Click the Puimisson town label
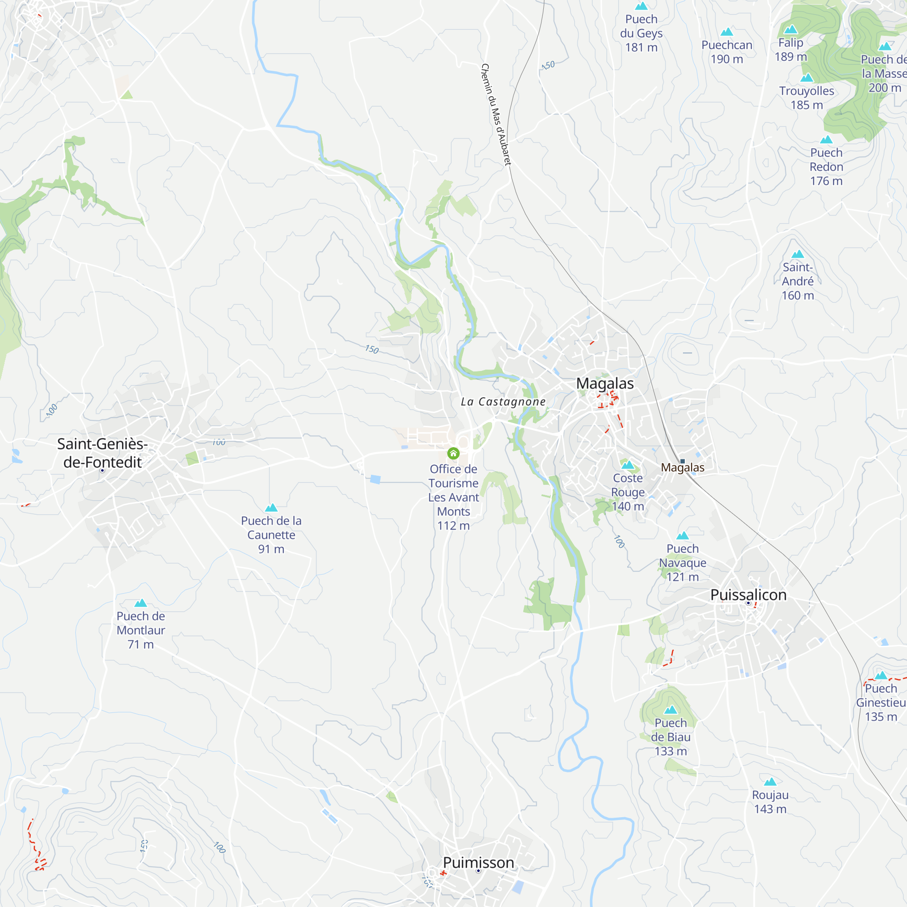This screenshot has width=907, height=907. [478, 863]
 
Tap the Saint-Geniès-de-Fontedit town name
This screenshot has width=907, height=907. [102, 453]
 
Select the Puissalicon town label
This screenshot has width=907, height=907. [748, 595]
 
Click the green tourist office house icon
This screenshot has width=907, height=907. [453, 453]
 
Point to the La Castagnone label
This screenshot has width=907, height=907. [503, 401]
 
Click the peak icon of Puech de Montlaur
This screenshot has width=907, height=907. [141, 603]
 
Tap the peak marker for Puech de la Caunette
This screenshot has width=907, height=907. [271, 507]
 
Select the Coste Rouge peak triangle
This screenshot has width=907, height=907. [628, 465]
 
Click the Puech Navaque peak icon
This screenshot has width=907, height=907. [683, 536]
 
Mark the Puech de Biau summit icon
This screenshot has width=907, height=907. [671, 710]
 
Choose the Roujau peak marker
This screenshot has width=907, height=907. [770, 782]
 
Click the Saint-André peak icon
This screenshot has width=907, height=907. [798, 254]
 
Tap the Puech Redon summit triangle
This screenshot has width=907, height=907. [826, 139]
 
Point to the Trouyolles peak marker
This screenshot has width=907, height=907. [806, 78]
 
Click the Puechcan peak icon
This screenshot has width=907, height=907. [727, 32]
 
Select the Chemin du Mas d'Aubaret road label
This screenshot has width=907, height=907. [496, 115]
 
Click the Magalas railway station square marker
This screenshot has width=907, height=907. [683, 461]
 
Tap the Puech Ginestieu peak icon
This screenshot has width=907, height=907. [881, 676]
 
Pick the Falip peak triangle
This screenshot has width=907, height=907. [791, 29]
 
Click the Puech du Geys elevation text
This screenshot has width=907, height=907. [641, 48]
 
